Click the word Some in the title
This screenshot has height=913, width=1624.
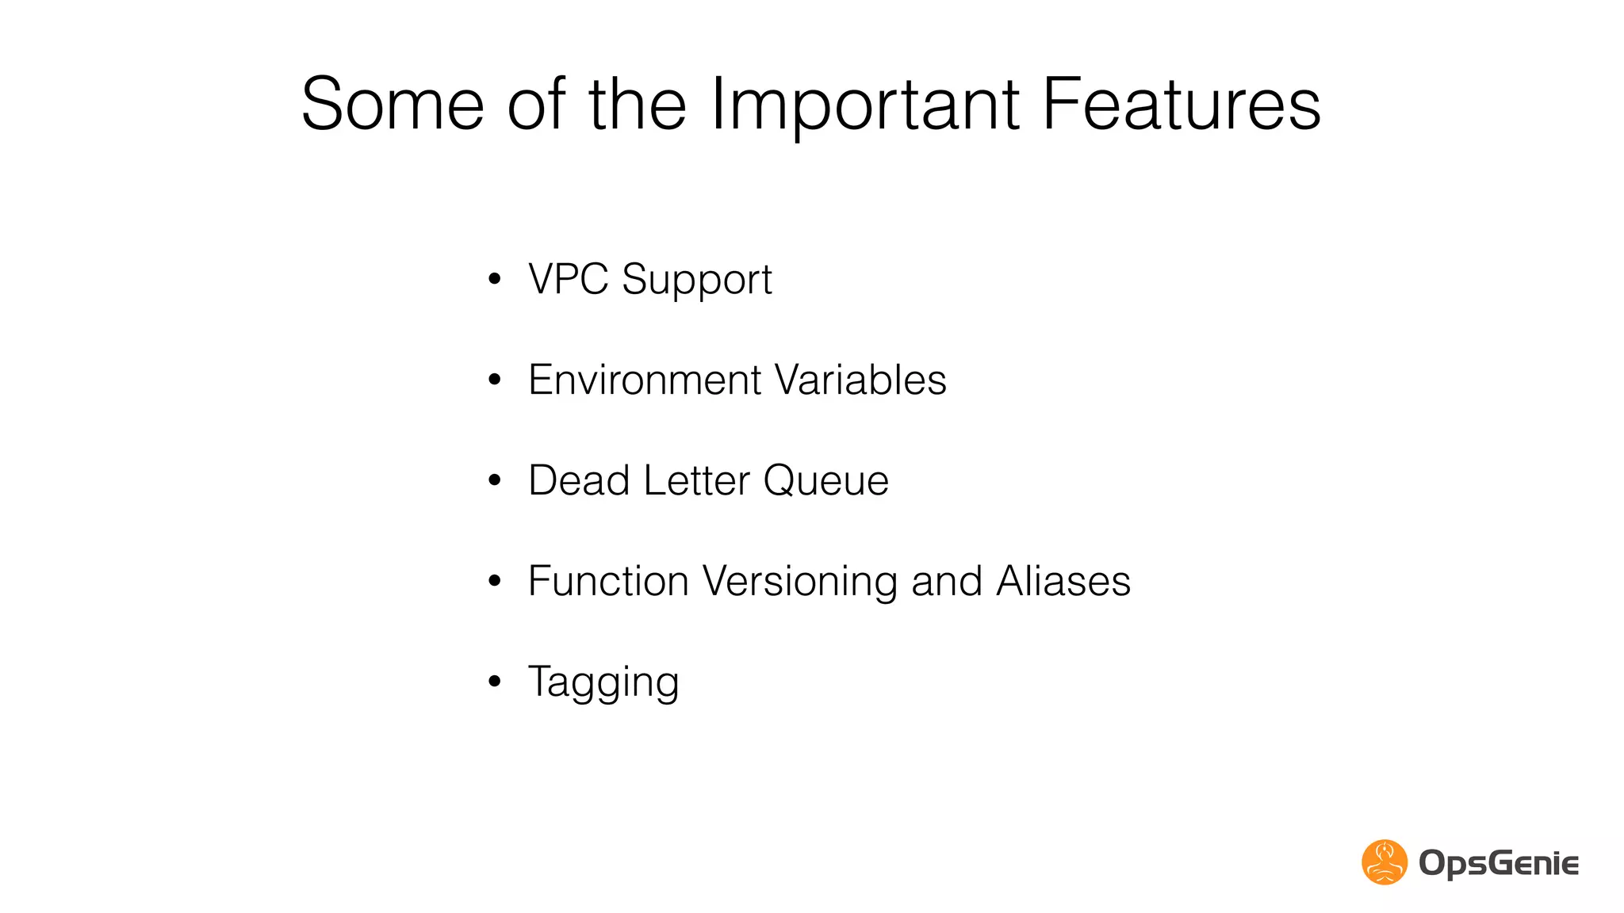coord(393,104)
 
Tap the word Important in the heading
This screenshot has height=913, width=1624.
coord(865,104)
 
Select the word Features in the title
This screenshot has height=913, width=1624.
coord(1182,104)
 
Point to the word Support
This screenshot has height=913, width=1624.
coord(697,281)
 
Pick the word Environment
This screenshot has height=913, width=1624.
coord(645,380)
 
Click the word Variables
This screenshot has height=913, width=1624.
coord(860,380)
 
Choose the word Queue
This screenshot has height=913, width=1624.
coord(825,480)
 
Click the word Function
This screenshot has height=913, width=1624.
coord(608,581)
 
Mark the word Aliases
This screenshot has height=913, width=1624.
coord(1063,581)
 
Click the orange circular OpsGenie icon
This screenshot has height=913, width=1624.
coord(1385,861)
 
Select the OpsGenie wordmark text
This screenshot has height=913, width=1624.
coord(1499,863)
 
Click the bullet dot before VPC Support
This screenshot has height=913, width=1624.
coord(495,279)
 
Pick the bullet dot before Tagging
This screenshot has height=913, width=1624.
coord(495,682)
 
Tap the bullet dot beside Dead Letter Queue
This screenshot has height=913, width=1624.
coord(495,480)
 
